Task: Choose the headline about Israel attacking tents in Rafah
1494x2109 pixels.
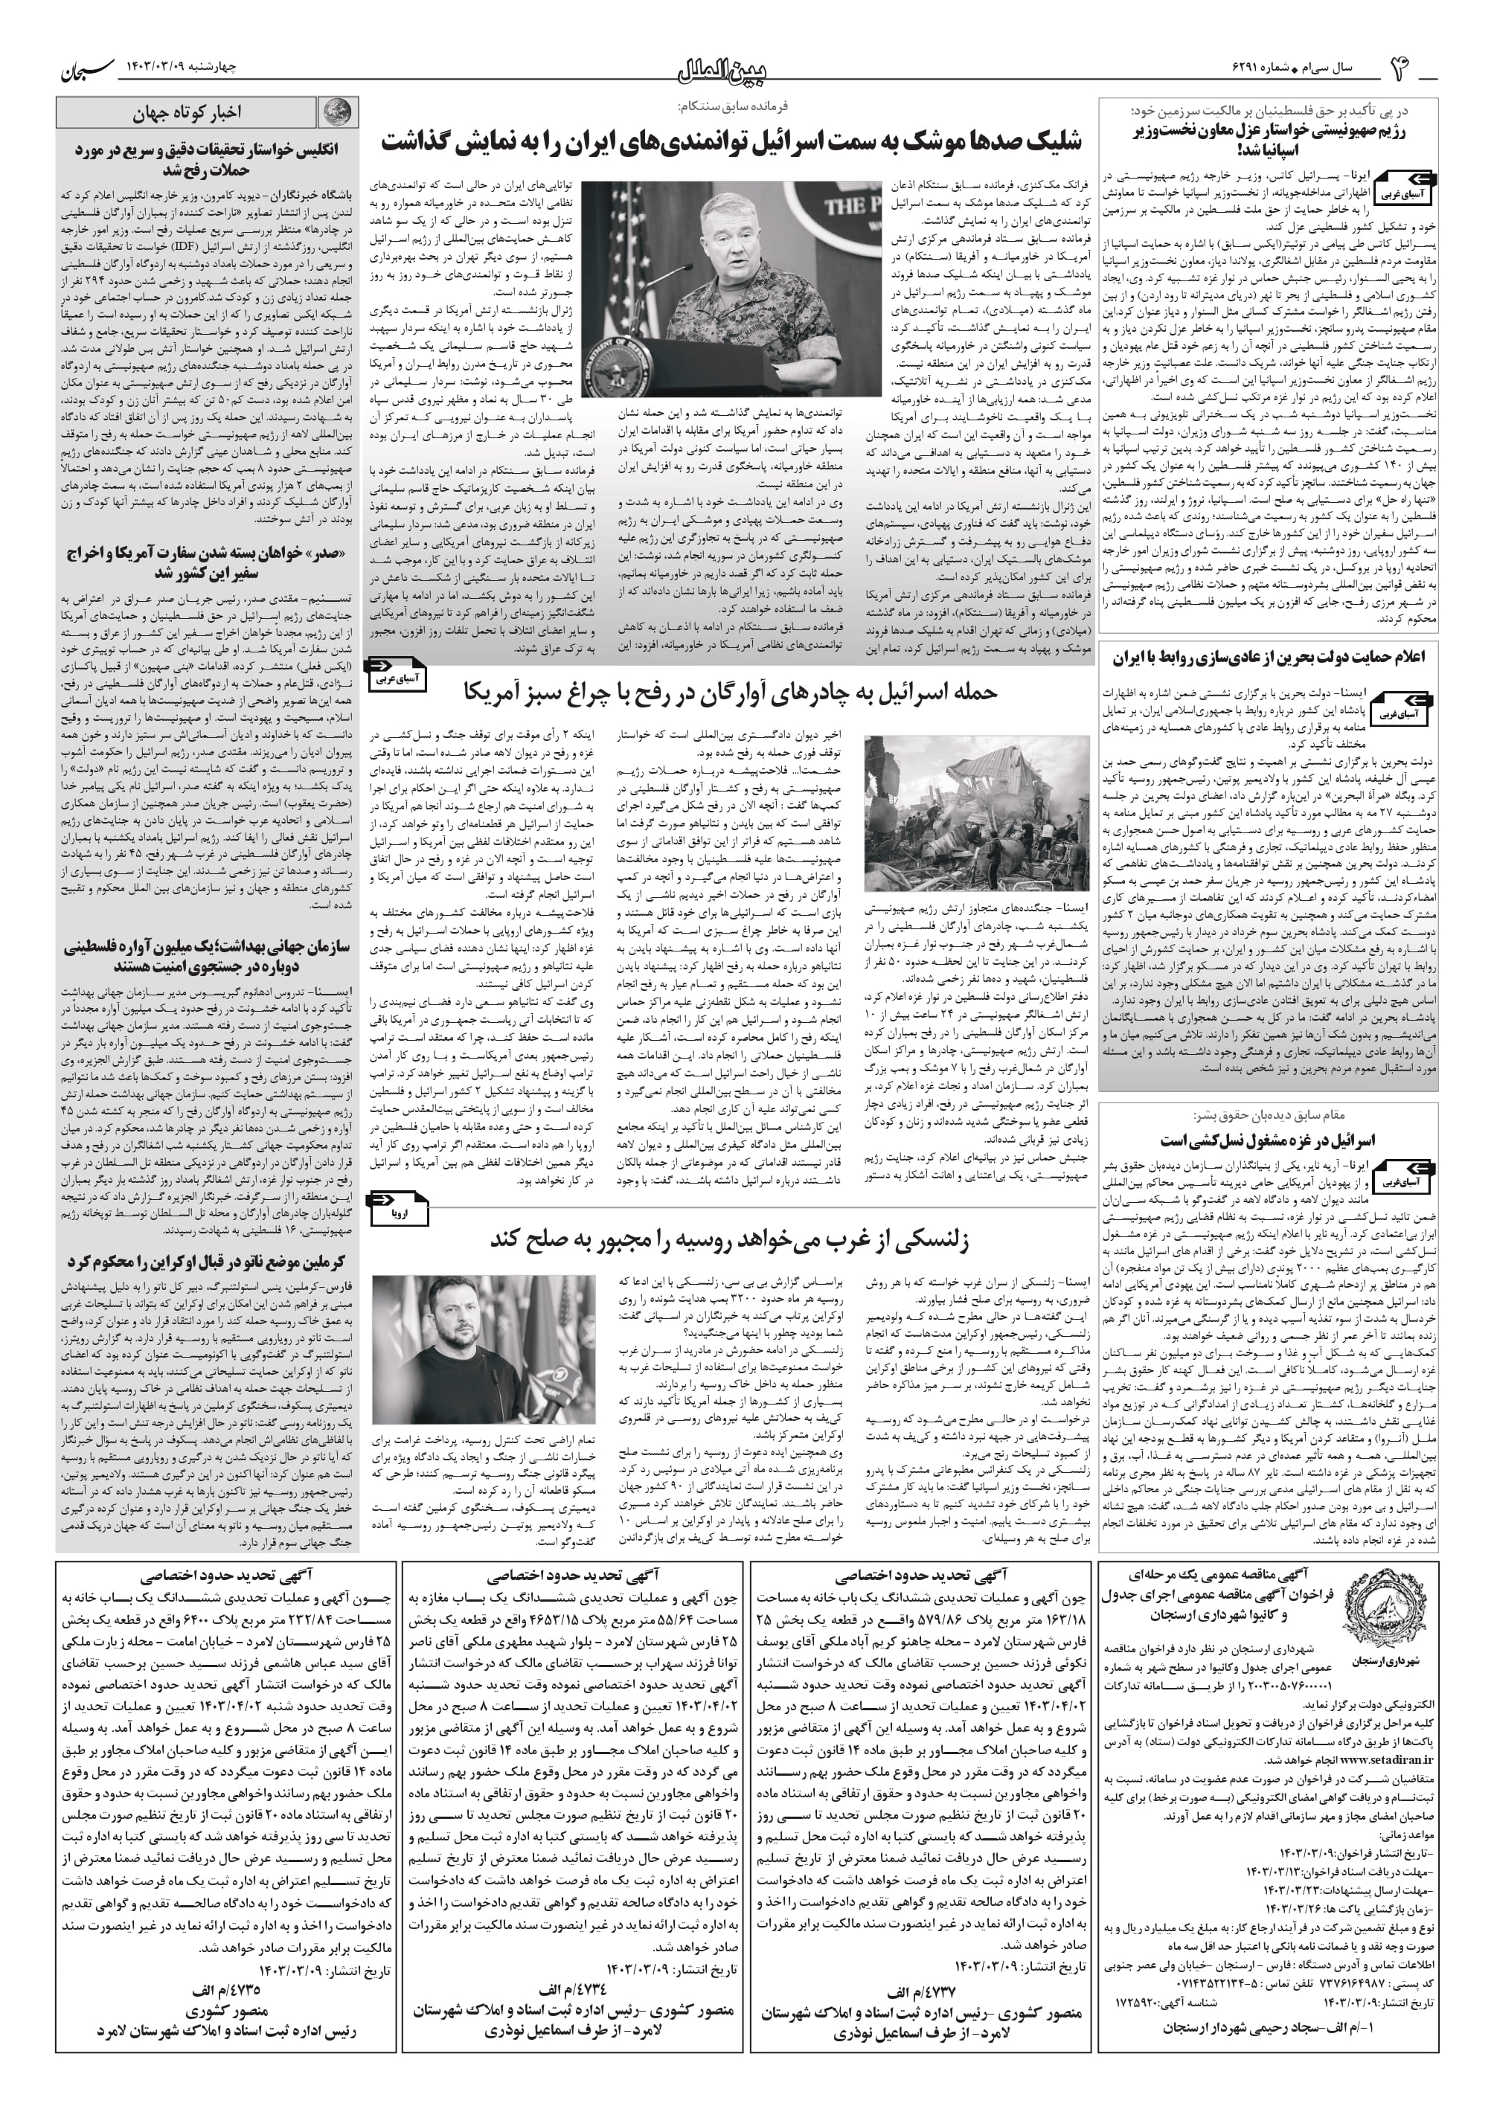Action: (730, 692)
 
